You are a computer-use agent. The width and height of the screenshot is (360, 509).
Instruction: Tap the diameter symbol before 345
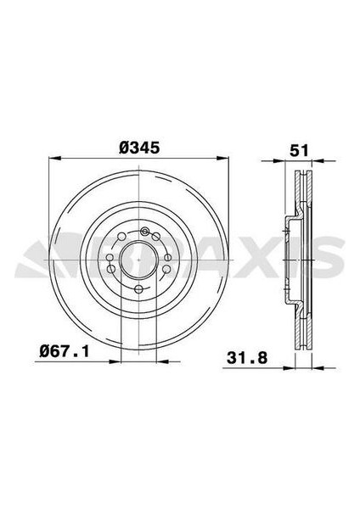click(124, 147)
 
